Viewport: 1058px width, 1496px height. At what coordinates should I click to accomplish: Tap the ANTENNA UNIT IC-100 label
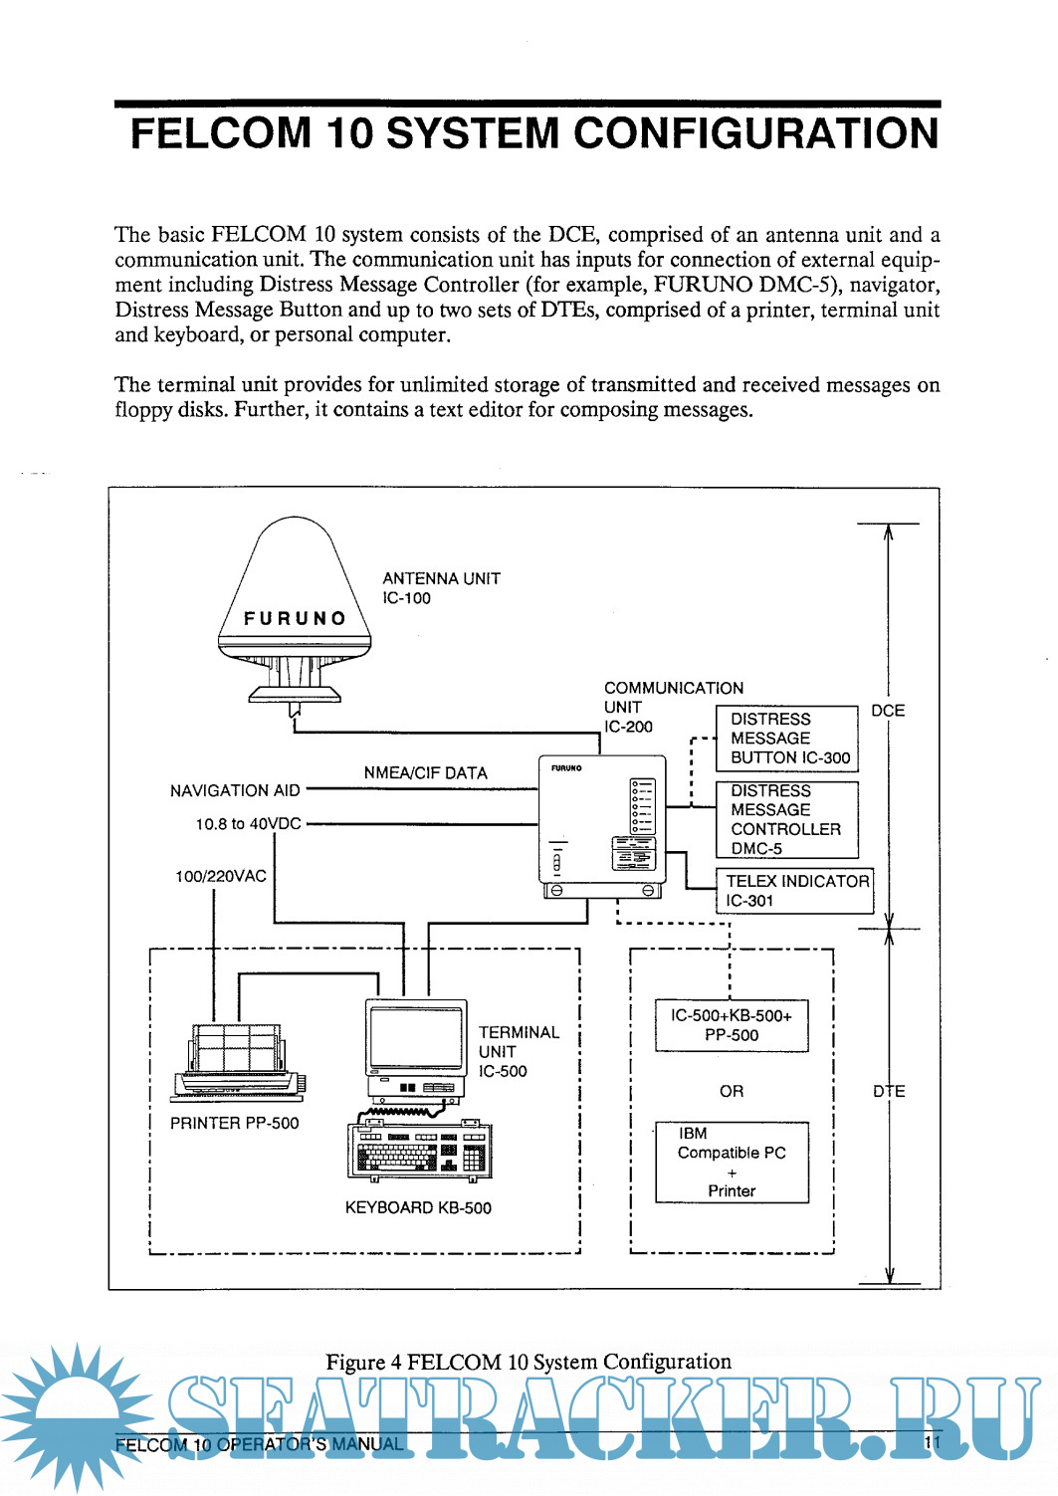[441, 588]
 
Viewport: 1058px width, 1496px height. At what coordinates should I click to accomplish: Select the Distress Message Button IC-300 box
[787, 739]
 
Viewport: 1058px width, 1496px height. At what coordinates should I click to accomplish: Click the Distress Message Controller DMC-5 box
[787, 820]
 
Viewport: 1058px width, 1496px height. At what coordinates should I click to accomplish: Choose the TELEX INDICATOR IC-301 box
[795, 891]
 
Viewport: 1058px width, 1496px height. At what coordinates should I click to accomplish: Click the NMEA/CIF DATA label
[425, 773]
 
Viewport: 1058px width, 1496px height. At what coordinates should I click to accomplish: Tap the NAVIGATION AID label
[235, 791]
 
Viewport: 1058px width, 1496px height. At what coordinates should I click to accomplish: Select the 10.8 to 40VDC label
[248, 824]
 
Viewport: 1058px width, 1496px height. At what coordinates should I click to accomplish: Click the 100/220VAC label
[221, 877]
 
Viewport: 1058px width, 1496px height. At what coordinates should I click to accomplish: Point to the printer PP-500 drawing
[239, 1061]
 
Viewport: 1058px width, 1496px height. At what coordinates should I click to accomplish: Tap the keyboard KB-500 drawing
[419, 1152]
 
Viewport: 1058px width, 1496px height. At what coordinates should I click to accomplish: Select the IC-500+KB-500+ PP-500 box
[732, 1026]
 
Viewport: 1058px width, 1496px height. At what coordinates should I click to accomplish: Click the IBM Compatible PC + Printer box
[732, 1163]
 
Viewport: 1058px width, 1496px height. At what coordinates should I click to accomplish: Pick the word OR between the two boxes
[732, 1092]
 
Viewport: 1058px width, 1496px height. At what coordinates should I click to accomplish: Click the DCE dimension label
[888, 711]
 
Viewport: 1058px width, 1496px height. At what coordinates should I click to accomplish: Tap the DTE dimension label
[889, 1092]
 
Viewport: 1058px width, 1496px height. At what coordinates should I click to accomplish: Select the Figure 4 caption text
[529, 1362]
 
